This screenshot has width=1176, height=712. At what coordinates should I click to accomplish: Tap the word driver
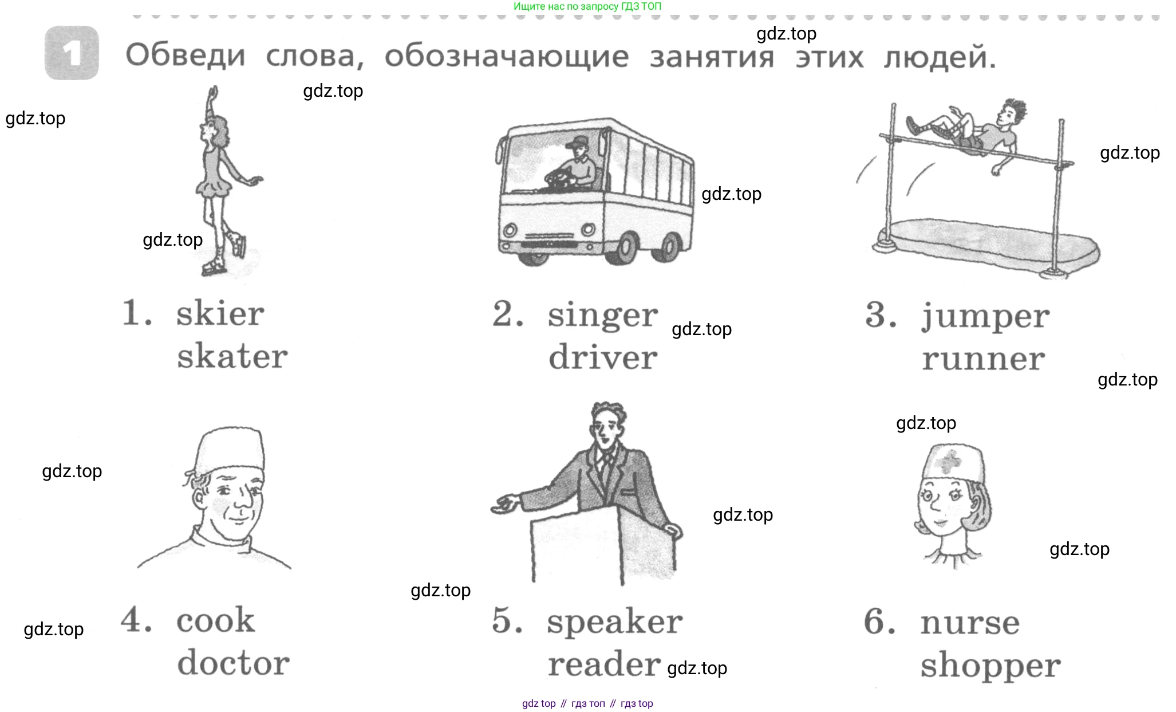603,358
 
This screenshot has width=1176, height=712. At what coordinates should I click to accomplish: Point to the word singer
602,316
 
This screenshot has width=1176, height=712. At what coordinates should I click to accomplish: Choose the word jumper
985,317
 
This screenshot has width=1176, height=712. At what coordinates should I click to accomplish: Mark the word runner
983,359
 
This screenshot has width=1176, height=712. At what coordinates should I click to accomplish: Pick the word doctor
233,663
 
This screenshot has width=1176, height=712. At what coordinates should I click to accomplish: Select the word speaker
614,622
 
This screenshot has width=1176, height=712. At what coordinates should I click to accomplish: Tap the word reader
604,664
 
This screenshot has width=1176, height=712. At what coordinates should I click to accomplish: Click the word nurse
970,623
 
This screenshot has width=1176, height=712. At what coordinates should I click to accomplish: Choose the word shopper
990,666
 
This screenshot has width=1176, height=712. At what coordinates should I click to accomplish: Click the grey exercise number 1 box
72,53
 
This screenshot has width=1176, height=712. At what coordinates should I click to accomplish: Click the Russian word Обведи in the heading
185,56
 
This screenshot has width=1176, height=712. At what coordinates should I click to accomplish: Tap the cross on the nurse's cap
951,459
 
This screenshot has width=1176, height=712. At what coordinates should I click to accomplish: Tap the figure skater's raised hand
214,92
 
